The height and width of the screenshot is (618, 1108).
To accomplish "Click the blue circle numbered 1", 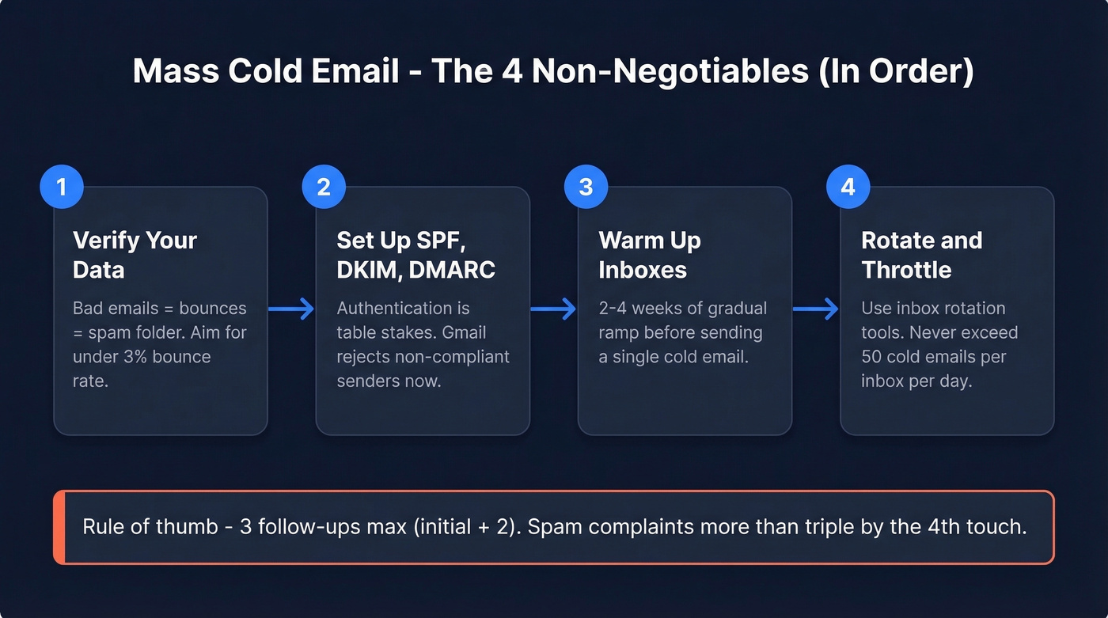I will coord(61,187).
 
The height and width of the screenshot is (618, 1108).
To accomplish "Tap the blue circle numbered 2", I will coord(324,187).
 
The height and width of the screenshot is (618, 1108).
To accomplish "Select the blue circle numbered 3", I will coord(586,187).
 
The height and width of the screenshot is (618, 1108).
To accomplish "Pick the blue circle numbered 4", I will coord(848,187).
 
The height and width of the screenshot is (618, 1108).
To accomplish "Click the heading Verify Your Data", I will coord(135,255).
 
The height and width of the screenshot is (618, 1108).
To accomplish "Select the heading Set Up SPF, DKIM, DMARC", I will coord(415,255).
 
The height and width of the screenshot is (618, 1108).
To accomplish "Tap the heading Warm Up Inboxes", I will coord(650,255).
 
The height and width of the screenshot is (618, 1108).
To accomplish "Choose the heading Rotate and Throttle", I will coord(921,255).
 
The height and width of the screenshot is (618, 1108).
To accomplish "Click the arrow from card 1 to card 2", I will coord(291,309).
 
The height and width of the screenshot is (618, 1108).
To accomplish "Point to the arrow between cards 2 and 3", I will coord(553,309).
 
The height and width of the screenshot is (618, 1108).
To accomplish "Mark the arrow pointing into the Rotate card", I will coord(815,309).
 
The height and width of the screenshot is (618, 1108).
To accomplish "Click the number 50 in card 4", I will coord(871,356).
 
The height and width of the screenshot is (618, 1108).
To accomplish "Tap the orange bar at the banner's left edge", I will coord(59,527).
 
